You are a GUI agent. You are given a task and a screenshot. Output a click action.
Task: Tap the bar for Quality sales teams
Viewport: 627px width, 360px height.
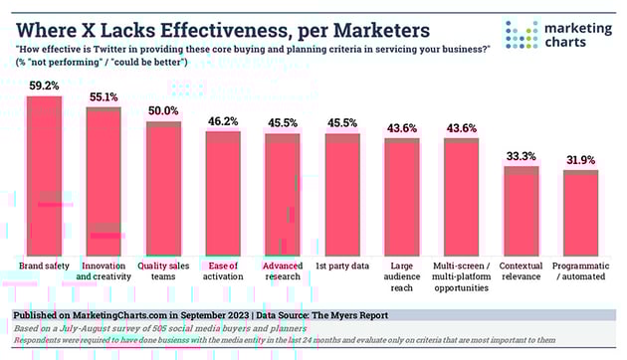163,189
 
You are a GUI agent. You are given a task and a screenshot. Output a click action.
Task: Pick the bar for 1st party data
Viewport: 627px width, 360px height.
342,195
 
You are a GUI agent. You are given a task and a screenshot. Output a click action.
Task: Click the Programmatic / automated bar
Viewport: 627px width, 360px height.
580,214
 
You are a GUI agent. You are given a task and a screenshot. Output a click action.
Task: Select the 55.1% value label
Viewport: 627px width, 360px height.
104,97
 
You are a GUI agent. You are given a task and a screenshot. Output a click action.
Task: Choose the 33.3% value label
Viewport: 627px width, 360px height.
521,156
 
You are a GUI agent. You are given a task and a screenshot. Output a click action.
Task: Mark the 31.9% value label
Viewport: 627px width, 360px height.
580,160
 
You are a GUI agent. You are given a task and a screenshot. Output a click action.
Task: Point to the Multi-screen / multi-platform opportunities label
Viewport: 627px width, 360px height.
461,279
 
